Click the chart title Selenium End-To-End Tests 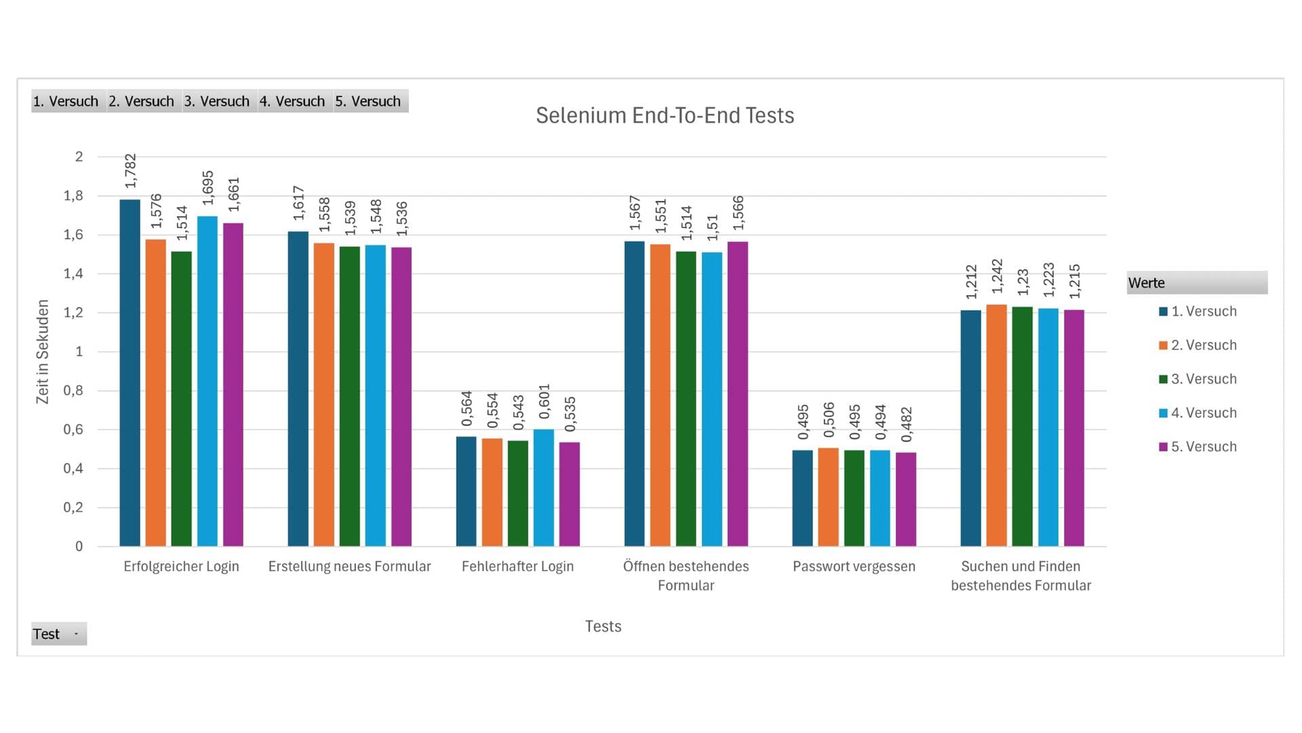click(665, 115)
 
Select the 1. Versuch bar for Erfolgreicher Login click(130, 373)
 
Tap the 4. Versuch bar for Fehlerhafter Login click(544, 487)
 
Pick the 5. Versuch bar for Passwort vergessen click(906, 500)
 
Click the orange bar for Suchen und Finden click(997, 426)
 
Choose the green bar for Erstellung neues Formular click(350, 396)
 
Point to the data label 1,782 click(131, 171)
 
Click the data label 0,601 click(545, 401)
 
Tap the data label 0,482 click(907, 425)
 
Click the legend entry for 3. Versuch click(1198, 379)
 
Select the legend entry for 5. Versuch click(1198, 447)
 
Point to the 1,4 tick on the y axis click(73, 274)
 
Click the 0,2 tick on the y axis click(73, 507)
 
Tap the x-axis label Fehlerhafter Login click(517, 566)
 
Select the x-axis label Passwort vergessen click(854, 566)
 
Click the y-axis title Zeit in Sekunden click(43, 352)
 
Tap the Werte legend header click(1197, 283)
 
